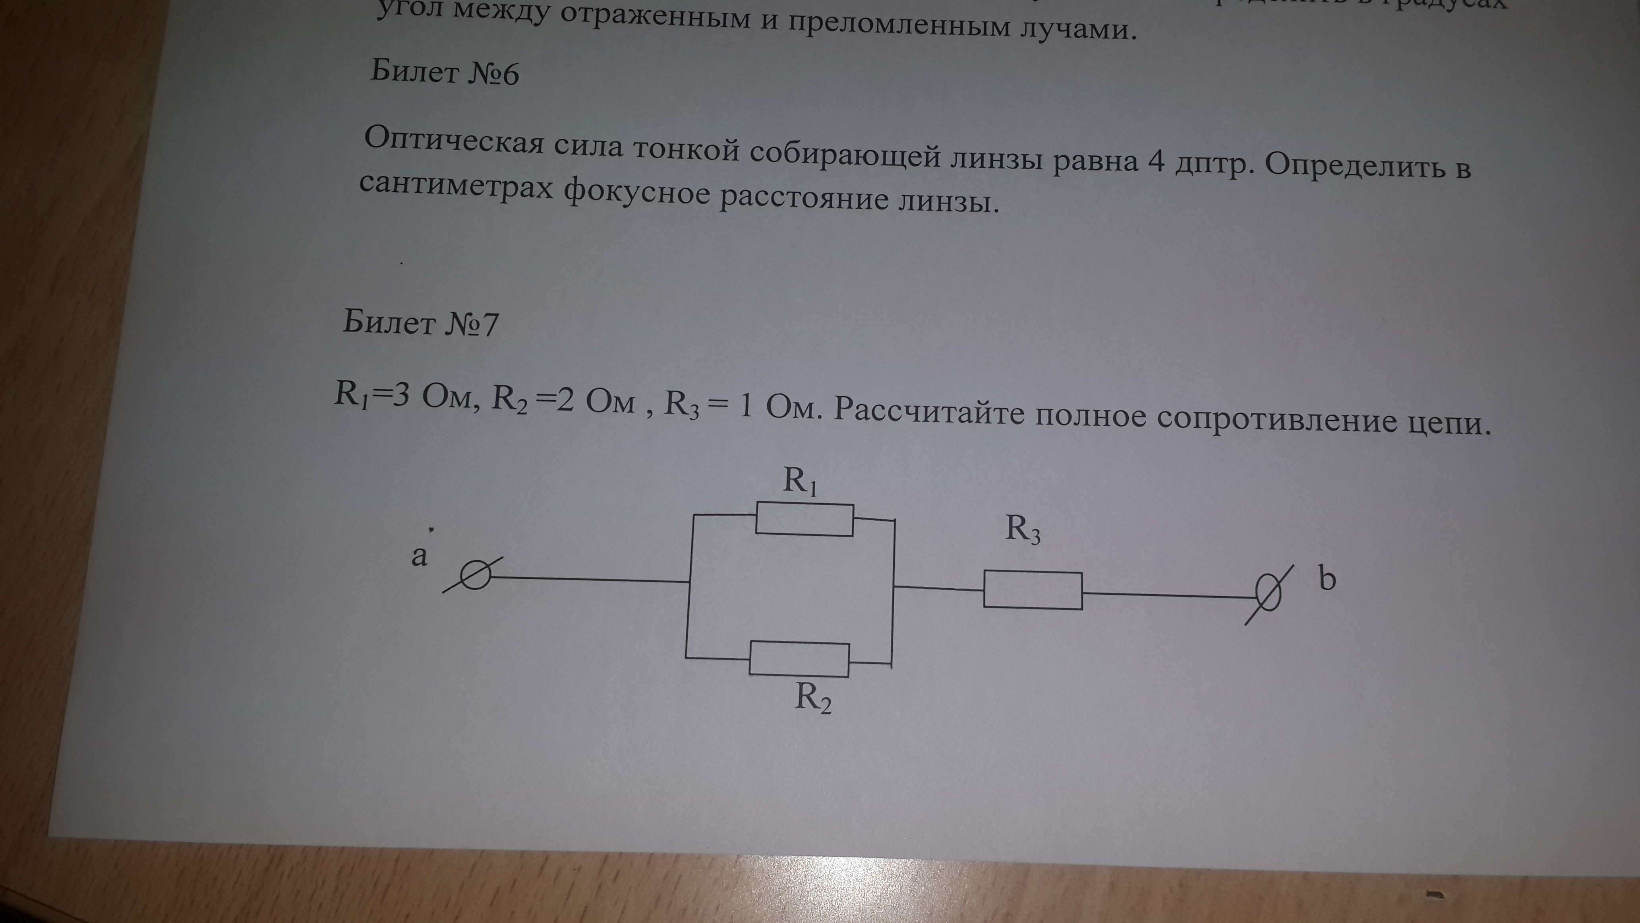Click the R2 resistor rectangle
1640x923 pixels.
click(x=799, y=659)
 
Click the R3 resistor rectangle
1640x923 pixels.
click(x=1033, y=590)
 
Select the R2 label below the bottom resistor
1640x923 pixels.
click(x=813, y=698)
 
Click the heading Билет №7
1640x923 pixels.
click(x=420, y=324)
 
